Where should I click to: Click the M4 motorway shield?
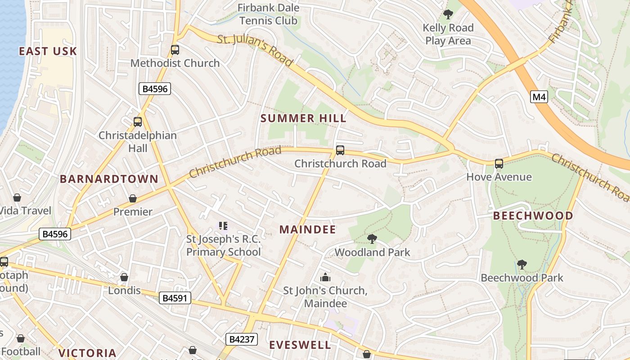click(x=539, y=96)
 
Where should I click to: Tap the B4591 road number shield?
click(x=175, y=297)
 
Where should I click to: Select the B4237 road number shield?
click(x=242, y=339)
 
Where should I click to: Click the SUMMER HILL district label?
click(x=304, y=118)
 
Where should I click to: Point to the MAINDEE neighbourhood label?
click(x=308, y=229)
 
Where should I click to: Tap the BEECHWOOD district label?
click(x=533, y=216)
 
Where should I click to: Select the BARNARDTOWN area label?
click(x=109, y=179)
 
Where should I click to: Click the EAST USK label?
click(x=48, y=51)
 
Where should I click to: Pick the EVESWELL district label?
click(x=300, y=345)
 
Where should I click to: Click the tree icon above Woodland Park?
click(x=372, y=238)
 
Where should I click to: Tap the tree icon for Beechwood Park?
click(x=522, y=264)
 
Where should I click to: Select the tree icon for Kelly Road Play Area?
click(x=448, y=14)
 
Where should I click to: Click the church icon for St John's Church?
click(x=325, y=277)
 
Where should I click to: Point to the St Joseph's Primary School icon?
click(x=223, y=225)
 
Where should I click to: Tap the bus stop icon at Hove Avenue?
click(x=499, y=164)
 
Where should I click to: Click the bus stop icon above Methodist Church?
click(x=175, y=50)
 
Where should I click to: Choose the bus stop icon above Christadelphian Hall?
click(x=138, y=122)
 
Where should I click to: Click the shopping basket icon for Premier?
click(x=133, y=198)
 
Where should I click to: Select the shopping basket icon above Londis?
click(x=124, y=277)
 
